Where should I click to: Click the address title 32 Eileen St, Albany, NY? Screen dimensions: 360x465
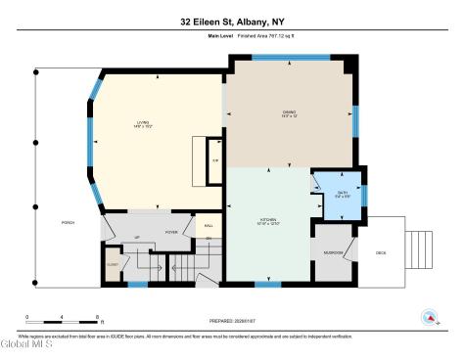click(x=232, y=22)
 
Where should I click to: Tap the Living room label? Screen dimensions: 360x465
click(x=144, y=123)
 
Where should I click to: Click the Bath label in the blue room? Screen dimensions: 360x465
click(x=343, y=193)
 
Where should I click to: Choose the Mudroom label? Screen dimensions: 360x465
click(x=334, y=252)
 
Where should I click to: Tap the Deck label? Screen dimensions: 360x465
click(x=381, y=252)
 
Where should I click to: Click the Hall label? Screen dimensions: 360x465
click(x=208, y=226)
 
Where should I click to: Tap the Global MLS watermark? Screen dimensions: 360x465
click(x=26, y=345)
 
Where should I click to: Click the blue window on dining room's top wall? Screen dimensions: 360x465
click(x=276, y=57)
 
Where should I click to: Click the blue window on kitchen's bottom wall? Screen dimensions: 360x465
click(x=261, y=285)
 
